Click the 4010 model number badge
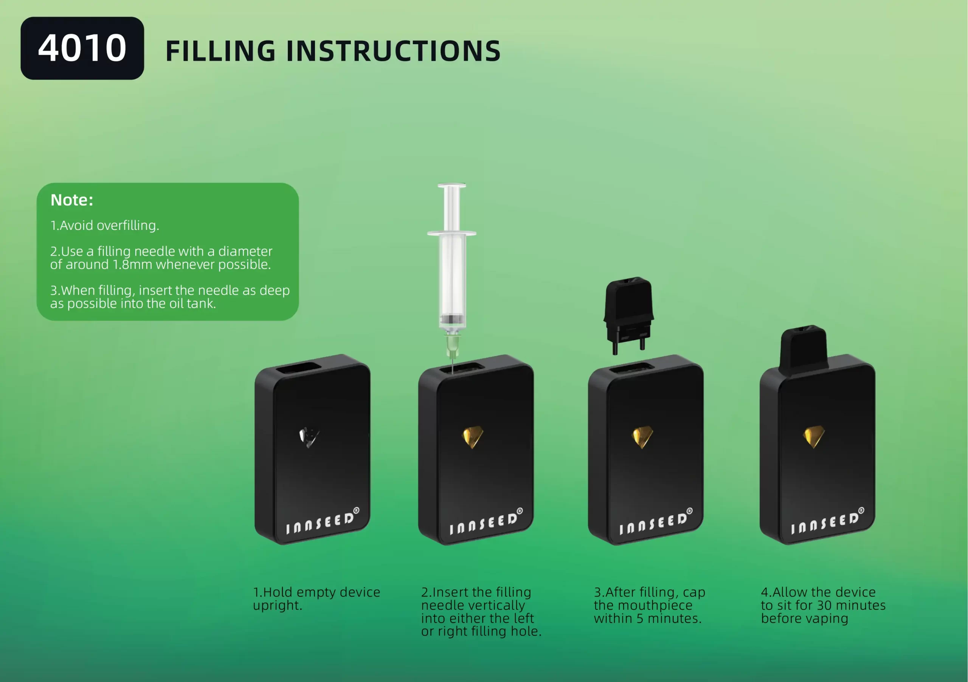point(82,48)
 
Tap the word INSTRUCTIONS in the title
point(393,51)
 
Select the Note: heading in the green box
point(72,200)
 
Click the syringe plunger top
point(452,186)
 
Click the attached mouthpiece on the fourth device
point(803,349)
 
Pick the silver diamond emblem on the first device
point(309,437)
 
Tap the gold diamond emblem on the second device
point(473,437)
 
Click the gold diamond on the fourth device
point(814,437)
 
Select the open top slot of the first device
point(298,368)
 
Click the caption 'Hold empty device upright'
point(316,598)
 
